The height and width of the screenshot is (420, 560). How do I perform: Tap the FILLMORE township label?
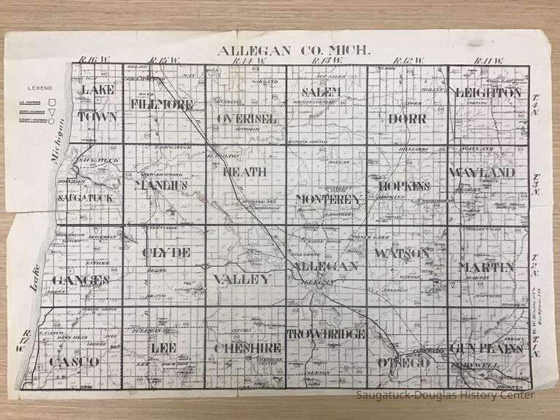click(x=162, y=104)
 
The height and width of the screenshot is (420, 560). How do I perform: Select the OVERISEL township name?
click(x=245, y=117)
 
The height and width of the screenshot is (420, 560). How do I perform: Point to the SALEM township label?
click(x=322, y=91)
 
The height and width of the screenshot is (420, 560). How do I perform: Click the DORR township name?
click(x=407, y=117)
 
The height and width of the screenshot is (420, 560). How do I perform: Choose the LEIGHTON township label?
click(x=487, y=93)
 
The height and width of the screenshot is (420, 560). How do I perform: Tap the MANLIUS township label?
click(x=161, y=185)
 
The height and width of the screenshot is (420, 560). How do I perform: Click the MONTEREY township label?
click(x=329, y=198)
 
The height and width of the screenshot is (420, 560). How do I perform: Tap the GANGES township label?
click(x=81, y=279)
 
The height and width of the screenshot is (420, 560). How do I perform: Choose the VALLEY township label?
click(x=242, y=279)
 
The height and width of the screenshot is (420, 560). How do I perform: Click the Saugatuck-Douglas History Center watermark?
click(x=446, y=395)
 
